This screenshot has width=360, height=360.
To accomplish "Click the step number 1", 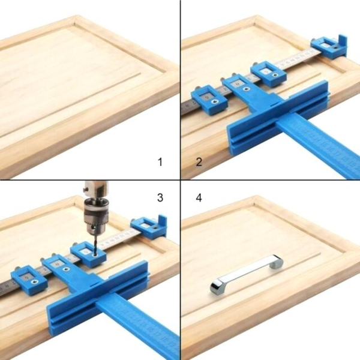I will coord(160,162).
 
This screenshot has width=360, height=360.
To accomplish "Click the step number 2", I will coord(198,161).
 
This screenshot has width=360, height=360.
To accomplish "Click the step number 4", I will coord(199,197).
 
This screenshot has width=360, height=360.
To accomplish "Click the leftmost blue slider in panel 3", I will coord(29,280).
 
